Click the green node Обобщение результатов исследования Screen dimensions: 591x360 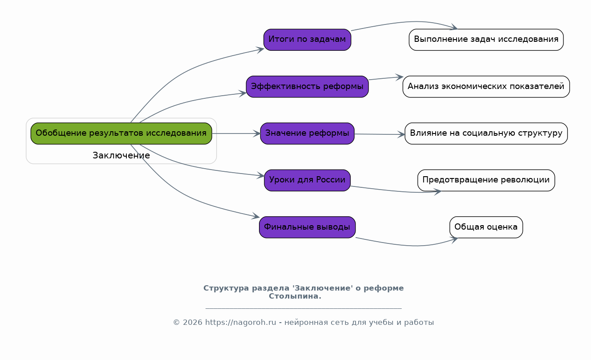(121, 133)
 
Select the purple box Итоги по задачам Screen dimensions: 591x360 (307, 40)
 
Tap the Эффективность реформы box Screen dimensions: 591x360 (307, 86)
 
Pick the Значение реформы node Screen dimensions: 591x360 (307, 133)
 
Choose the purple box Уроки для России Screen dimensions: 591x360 (307, 180)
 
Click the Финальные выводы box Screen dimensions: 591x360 (307, 227)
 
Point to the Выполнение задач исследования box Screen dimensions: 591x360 (486, 40)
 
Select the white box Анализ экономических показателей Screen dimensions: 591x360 (486, 86)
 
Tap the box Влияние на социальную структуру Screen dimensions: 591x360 (486, 133)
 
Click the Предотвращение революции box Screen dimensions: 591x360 (486, 180)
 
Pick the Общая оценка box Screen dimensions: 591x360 (486, 227)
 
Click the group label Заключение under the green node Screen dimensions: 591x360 (121, 155)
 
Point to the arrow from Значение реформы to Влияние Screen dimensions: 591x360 (380, 134)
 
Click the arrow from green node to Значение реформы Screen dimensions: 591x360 (236, 133)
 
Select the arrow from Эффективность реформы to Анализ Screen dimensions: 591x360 (386, 78)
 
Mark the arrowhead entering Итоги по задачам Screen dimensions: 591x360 (260, 49)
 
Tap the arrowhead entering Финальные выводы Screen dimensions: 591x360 (255, 216)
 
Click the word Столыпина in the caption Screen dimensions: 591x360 (295, 296)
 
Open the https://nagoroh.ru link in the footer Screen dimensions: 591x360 (241, 322)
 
